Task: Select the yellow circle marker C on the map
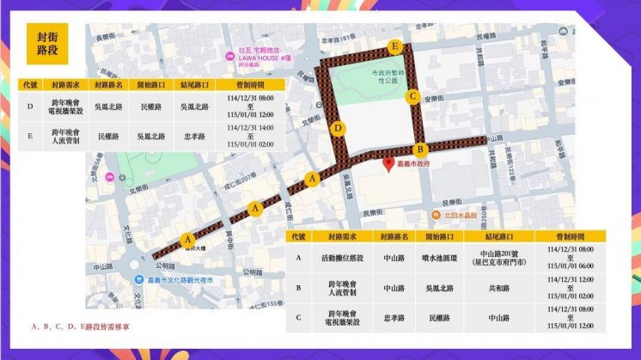[x=413, y=96]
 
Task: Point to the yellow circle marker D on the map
[x=339, y=129]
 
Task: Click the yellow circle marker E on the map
[x=394, y=46]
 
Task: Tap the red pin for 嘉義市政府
[x=388, y=163]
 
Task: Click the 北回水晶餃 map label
[x=456, y=215]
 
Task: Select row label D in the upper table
[x=31, y=107]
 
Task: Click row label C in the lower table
[x=298, y=317]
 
